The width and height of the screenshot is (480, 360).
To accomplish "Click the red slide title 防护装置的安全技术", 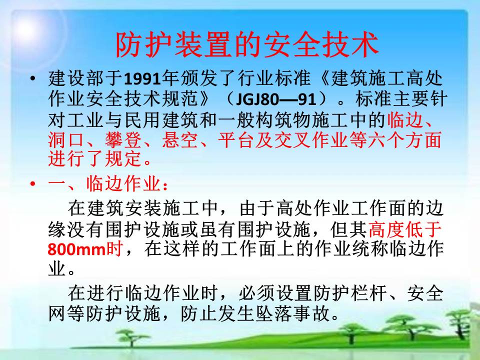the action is click(x=246, y=45).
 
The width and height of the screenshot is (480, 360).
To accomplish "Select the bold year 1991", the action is click(x=142, y=78).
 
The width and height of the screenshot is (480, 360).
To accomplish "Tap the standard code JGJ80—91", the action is click(x=276, y=99).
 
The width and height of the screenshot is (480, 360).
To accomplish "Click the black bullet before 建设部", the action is click(x=33, y=78).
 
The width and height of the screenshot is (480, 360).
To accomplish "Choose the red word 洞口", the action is click(x=66, y=139).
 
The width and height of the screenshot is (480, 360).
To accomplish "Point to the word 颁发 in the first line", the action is click(x=199, y=78).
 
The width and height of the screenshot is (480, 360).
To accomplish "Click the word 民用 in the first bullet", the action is click(x=142, y=119).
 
